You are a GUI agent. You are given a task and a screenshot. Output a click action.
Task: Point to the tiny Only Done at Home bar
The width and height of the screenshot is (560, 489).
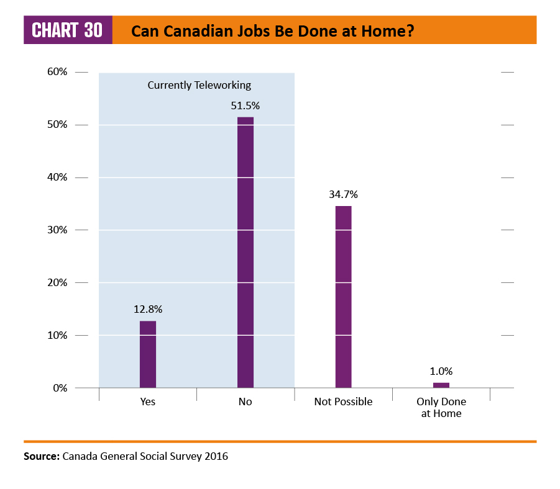pos(441,385)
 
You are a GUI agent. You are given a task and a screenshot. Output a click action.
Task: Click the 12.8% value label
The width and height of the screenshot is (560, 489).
pos(147,309)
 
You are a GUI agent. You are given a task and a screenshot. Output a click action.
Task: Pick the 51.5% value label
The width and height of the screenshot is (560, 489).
pos(246,105)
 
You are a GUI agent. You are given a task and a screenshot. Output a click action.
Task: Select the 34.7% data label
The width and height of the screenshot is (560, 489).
pos(343,194)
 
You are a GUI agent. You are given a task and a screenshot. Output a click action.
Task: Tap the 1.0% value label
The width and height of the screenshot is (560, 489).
pos(441,371)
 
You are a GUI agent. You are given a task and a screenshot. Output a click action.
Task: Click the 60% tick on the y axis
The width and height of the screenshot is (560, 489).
pos(57,72)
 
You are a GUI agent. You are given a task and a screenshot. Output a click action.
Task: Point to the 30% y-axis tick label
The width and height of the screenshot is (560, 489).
pos(57,230)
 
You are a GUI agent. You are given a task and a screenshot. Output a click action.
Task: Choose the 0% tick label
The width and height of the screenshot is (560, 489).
pos(60,388)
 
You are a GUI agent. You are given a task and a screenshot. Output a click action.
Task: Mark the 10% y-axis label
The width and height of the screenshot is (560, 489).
pos(57,335)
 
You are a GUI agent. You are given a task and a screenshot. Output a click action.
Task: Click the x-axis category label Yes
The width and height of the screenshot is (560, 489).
pos(147,402)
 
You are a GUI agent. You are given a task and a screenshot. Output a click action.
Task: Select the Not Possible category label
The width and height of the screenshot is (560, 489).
pos(343,402)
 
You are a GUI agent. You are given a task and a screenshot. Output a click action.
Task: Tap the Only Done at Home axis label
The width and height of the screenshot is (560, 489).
pos(441,407)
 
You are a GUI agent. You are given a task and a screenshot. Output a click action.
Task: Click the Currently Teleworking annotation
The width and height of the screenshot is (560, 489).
pos(199,85)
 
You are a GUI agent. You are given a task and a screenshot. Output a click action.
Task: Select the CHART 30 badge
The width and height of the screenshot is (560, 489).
pos(68,30)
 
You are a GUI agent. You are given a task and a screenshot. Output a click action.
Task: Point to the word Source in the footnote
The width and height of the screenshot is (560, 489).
pos(41,457)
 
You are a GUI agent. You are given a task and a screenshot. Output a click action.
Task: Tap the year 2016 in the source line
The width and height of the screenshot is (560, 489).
pos(216,457)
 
